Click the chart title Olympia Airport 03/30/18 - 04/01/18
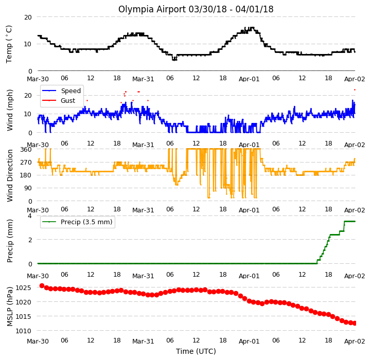[x=196, y=9]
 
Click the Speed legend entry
[x=62, y=91]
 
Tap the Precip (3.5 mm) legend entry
[x=77, y=222]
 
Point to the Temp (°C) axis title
[x=9, y=44]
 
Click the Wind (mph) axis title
[x=9, y=110]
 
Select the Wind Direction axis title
[x=9, y=175]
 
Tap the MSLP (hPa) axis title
[x=9, y=307]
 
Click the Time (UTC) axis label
[x=196, y=351]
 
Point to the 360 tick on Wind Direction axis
[x=26, y=150]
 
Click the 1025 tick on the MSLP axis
[x=23, y=288]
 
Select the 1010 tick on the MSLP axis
[x=23, y=331]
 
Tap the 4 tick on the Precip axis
[x=30, y=215]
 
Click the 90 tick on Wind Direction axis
[x=28, y=188]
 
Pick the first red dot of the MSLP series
[x=42, y=286]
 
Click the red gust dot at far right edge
[x=355, y=90]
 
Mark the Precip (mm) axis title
[x=9, y=241]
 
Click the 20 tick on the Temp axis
[x=28, y=17]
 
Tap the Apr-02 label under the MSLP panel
[x=355, y=341]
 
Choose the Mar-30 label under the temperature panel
[x=38, y=79]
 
